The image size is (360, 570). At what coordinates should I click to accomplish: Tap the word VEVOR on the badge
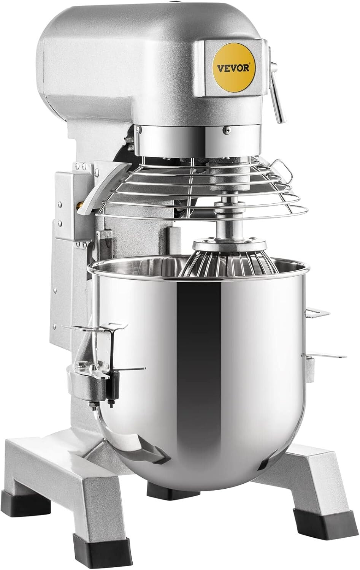[233, 69]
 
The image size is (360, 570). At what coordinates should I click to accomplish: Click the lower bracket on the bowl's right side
[323, 356]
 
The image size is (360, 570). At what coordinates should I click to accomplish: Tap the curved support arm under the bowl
[133, 437]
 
